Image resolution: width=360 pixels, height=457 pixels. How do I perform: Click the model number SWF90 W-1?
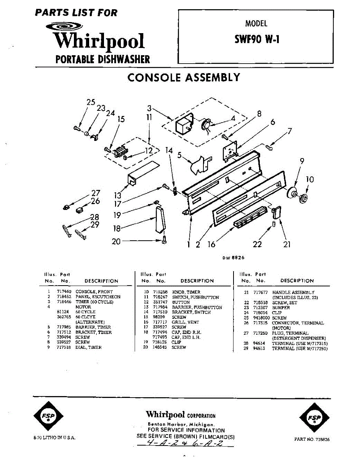[256, 39]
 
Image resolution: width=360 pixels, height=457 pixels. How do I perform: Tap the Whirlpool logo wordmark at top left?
[99, 41]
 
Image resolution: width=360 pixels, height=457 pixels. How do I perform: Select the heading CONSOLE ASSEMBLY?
[184, 78]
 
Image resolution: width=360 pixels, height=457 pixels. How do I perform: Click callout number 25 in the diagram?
[91, 102]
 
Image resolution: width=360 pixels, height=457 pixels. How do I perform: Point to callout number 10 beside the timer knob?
[310, 179]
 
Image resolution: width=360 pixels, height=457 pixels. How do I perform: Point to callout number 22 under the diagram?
[258, 244]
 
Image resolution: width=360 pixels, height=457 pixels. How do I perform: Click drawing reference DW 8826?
[234, 258]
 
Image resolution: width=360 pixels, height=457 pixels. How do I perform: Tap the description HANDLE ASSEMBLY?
[293, 292]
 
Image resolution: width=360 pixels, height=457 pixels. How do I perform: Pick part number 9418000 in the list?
[261, 318]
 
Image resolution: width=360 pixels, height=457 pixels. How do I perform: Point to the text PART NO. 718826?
[312, 439]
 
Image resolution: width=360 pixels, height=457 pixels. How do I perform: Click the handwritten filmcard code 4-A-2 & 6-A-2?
[185, 444]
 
